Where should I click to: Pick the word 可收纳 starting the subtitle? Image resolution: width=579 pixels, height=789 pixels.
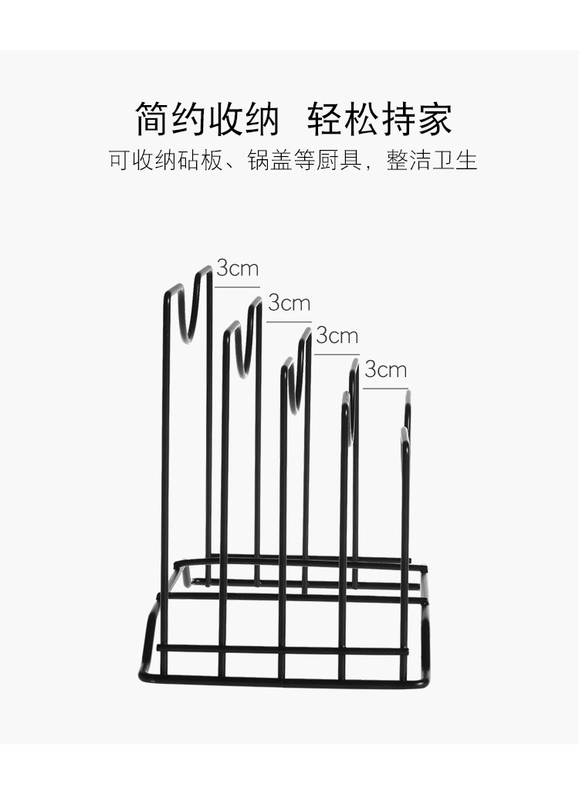tap(144, 160)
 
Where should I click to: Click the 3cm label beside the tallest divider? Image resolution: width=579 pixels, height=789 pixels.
tap(238, 269)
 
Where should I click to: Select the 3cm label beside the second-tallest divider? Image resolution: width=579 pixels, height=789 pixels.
tap(289, 303)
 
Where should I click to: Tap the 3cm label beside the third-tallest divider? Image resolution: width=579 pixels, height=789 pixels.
tap(337, 335)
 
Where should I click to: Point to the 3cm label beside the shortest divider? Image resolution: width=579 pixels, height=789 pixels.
tap(385, 369)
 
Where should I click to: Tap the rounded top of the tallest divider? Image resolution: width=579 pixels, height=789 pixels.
tap(205, 270)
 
